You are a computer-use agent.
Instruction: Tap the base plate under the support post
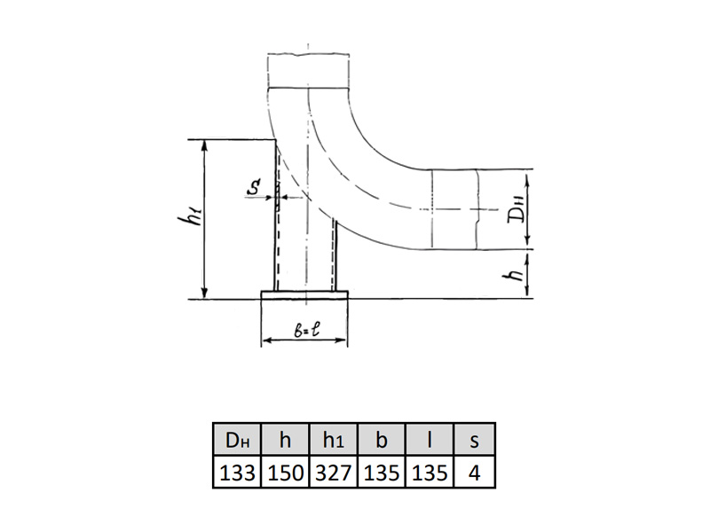pos(304,295)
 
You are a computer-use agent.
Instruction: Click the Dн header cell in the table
pos(237,439)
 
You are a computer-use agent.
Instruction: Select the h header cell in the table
pos(285,439)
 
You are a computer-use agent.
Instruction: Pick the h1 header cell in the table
pos(334,439)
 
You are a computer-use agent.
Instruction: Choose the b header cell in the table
pos(382,439)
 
